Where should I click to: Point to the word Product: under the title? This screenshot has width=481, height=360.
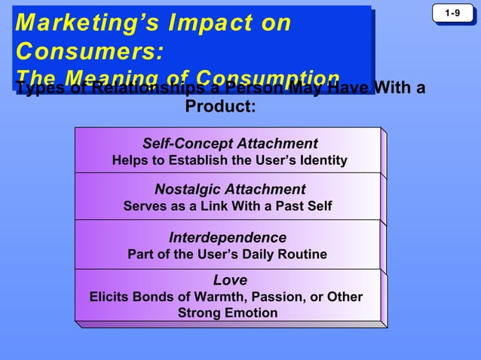(220, 106)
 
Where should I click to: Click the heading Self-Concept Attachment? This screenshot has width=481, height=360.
(230, 143)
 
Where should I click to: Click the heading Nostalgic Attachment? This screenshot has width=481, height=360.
(230, 189)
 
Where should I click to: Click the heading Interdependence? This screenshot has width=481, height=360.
(227, 237)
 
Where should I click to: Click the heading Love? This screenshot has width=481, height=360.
(229, 280)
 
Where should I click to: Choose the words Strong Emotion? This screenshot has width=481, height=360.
(227, 313)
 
